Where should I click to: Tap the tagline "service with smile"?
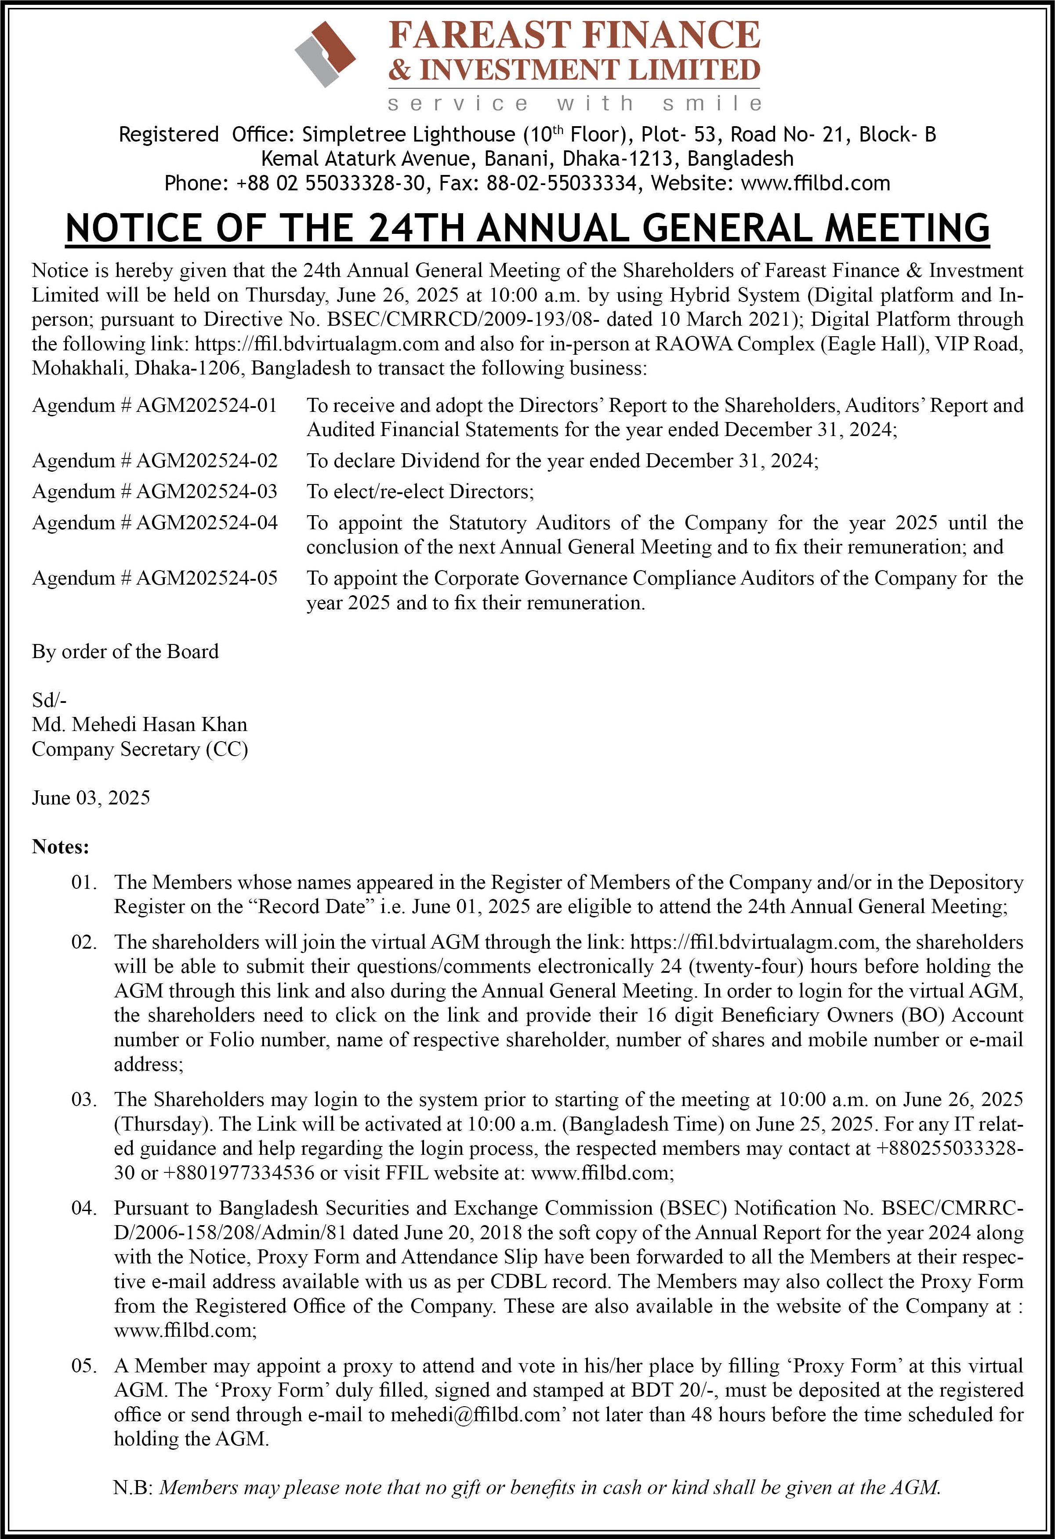click(574, 103)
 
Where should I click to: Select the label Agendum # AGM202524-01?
click(154, 405)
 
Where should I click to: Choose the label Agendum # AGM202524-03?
click(154, 491)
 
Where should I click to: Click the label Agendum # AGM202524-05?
click(154, 578)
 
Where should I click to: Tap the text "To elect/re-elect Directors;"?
click(420, 491)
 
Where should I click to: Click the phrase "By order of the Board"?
click(125, 651)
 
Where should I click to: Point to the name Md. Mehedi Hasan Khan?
click(140, 724)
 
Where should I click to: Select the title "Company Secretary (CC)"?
click(140, 749)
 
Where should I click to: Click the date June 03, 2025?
click(91, 797)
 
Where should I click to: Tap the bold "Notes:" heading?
click(60, 847)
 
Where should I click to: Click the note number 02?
click(84, 942)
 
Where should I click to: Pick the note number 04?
click(84, 1208)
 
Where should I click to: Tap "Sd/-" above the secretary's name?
click(49, 700)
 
